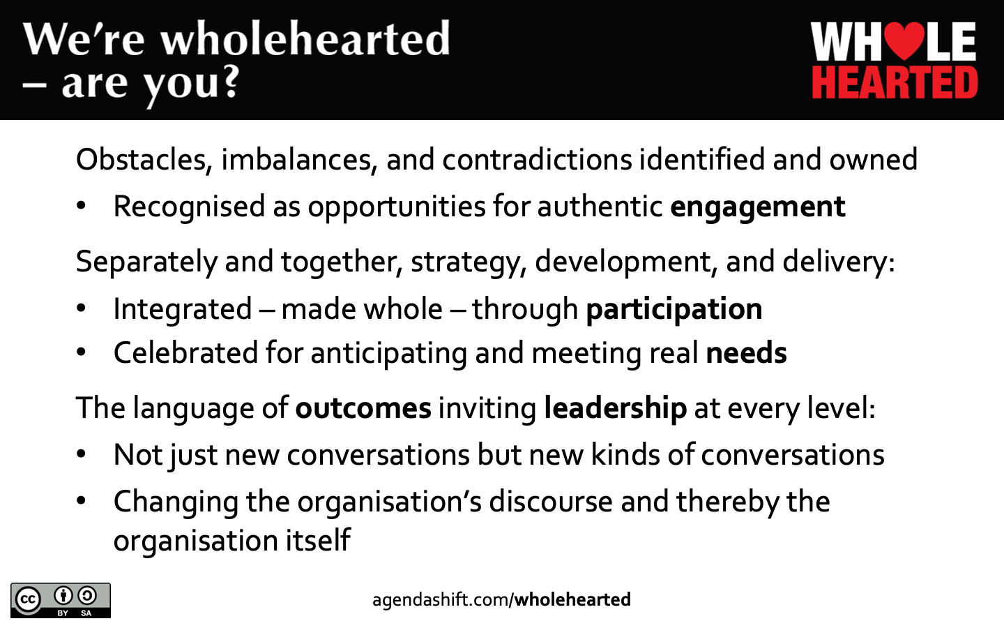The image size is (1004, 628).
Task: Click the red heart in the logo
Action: pos(905,40)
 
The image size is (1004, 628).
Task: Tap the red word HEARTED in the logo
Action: pos(895,82)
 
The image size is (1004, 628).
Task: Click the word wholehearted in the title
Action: pos(305,39)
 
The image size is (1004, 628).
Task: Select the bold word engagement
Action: pos(758,207)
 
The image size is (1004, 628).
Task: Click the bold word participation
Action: pos(674,310)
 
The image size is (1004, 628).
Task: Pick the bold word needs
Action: pos(746,352)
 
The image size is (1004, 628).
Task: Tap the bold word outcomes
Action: pos(363,408)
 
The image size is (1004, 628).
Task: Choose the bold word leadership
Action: pos(615,408)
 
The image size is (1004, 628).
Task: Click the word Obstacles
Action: pos(141,160)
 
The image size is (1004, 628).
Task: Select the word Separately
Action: pos(146,262)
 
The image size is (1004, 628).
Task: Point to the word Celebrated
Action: pos(185,352)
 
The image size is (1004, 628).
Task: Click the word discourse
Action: pos(551,501)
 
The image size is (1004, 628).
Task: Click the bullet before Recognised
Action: pos(81,205)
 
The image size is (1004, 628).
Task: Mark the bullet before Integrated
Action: pos(81,308)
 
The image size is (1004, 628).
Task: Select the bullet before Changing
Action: pos(81,500)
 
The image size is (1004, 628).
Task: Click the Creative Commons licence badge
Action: pos(61,600)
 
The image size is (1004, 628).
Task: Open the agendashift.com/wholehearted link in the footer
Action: pos(501,600)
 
